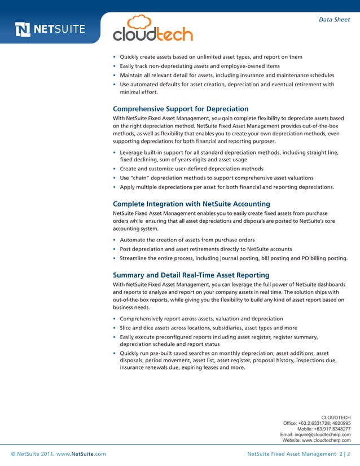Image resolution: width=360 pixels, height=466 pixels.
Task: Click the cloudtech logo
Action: (x=153, y=29)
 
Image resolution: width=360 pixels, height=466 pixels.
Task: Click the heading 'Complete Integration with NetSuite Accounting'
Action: (x=191, y=204)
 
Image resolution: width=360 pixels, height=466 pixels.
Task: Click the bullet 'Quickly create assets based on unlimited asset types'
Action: (x=211, y=57)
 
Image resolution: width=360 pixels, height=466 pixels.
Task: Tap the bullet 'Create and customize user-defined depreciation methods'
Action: (x=191, y=169)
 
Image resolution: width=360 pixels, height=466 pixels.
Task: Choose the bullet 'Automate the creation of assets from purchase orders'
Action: (x=187, y=240)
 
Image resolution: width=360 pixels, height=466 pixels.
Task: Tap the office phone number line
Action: (x=317, y=423)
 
